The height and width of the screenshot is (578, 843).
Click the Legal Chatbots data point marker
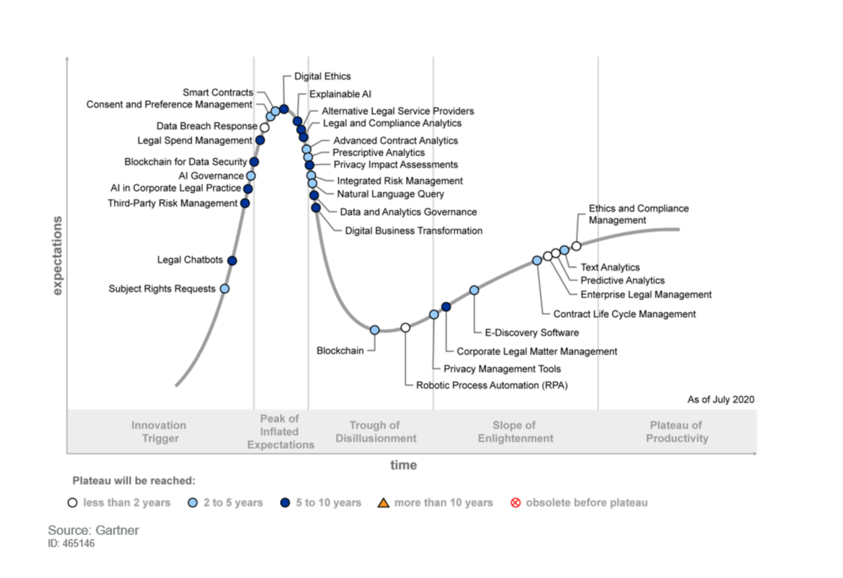(232, 261)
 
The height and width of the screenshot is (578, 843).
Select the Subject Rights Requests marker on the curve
(224, 288)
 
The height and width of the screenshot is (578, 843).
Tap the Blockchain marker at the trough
(375, 330)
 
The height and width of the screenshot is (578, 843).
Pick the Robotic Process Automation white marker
(405, 328)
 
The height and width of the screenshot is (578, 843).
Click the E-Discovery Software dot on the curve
(474, 290)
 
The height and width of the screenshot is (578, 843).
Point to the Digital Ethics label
(322, 76)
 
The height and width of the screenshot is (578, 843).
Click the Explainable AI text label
(340, 94)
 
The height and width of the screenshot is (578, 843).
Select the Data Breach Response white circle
(264, 127)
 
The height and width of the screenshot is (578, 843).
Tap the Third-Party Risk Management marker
(245, 203)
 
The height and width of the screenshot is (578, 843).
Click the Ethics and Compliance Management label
(638, 214)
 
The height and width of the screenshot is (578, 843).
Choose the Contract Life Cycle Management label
(624, 314)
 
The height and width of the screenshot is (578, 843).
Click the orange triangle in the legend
(384, 503)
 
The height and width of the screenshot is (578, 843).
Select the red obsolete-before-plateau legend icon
(516, 503)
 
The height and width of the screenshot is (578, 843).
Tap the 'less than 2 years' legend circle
(73, 503)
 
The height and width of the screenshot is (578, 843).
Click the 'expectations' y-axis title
(57, 255)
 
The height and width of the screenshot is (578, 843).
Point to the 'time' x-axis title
(403, 465)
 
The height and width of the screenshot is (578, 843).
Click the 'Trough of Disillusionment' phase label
(376, 432)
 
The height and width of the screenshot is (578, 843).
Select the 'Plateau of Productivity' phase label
(677, 432)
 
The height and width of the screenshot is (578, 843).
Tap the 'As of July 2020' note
(720, 400)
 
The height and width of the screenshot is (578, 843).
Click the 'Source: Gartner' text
(93, 530)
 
